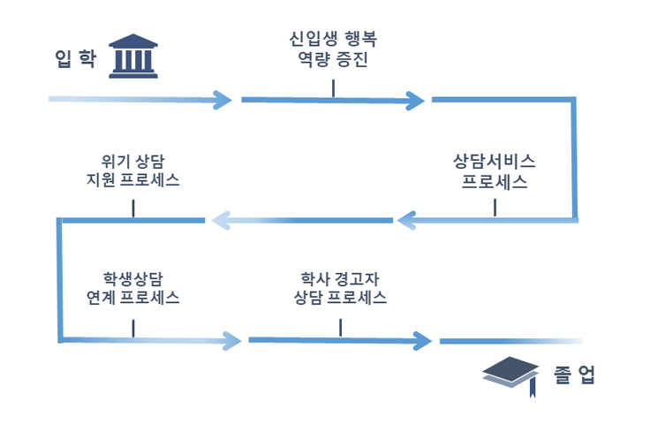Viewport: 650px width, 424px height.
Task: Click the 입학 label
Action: click(x=74, y=58)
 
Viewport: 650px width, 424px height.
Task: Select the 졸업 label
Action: click(x=576, y=375)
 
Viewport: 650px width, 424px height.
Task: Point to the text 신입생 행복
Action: click(x=333, y=40)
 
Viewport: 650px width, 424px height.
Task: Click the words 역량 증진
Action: click(x=333, y=61)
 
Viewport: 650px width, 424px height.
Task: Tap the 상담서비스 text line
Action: click(x=495, y=163)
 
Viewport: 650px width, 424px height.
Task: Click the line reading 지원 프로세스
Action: click(x=132, y=181)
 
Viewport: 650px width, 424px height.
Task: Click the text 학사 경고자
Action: click(x=339, y=276)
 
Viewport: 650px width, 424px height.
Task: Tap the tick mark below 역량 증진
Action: click(x=333, y=87)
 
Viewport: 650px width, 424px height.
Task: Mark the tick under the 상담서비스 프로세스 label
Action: click(x=495, y=207)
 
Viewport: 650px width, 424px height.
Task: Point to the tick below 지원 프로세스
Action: click(x=132, y=208)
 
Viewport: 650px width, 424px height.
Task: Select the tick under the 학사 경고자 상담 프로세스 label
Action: click(x=340, y=327)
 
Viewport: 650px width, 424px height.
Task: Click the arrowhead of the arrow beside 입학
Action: click(x=224, y=99)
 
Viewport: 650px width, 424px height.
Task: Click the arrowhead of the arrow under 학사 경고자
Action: click(x=424, y=341)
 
